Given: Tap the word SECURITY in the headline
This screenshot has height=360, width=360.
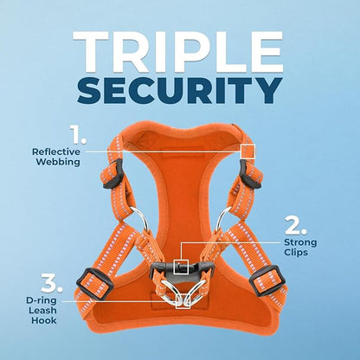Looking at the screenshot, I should [x=179, y=90].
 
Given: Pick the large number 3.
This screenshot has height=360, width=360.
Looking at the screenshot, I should [x=51, y=284].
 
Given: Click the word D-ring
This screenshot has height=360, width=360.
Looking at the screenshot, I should [x=42, y=300].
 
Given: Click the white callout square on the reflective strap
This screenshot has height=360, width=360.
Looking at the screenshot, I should [x=247, y=151].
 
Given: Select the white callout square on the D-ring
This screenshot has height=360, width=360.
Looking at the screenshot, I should [x=183, y=301].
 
